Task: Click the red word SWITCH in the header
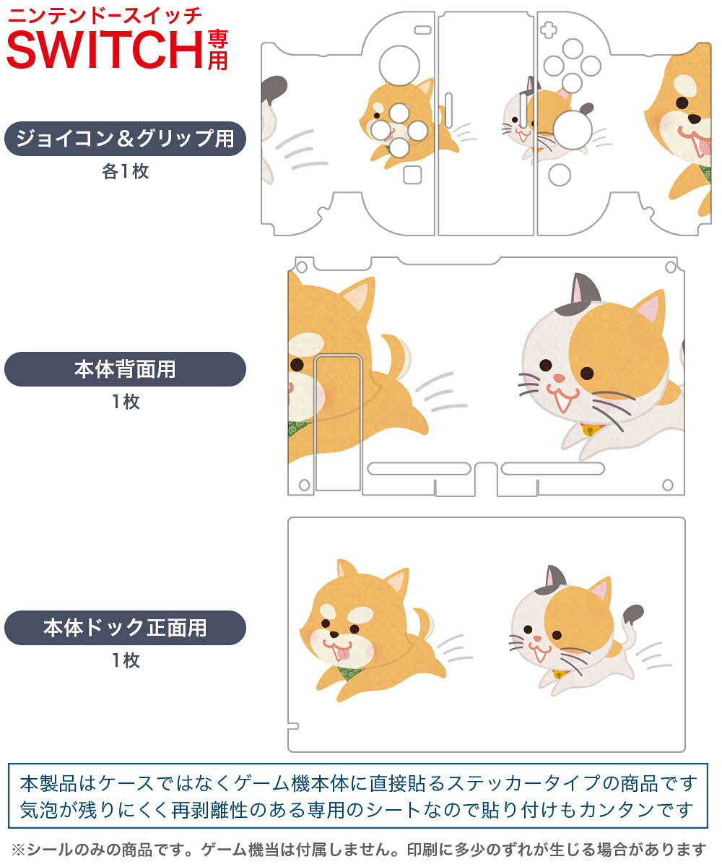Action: pos(105,50)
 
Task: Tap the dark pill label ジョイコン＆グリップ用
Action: pos(125,139)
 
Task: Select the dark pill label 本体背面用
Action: pos(125,369)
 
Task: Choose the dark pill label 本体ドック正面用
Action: pos(125,627)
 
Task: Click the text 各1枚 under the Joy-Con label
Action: pos(126,171)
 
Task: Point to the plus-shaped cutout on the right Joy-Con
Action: pos(548,30)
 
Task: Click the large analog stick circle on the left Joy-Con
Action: pos(399,66)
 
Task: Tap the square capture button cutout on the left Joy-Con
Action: pos(412,175)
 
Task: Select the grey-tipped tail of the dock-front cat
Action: pos(631,623)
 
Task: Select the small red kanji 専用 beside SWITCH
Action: pos(217,51)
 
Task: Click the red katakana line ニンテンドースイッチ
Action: pos(105,16)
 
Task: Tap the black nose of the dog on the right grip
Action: pos(694,118)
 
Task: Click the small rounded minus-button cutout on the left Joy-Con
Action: pos(423,30)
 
